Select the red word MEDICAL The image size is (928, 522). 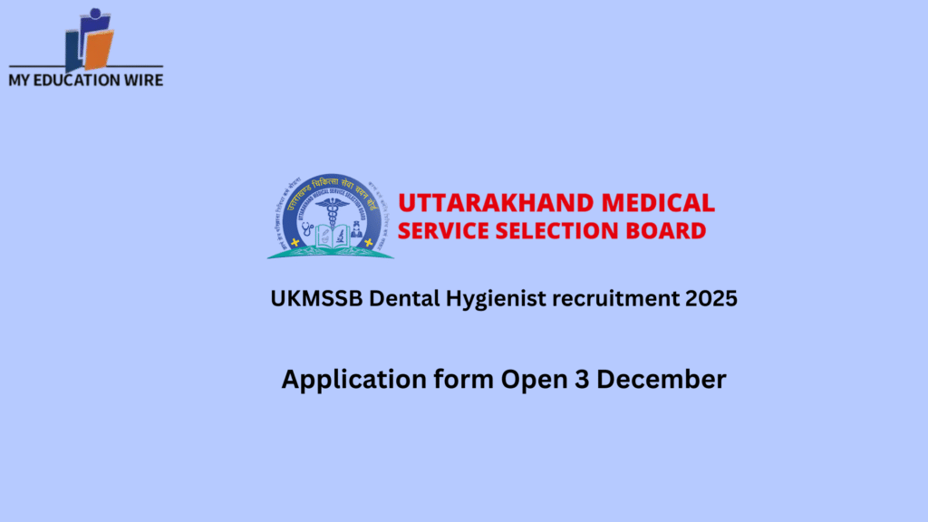661,202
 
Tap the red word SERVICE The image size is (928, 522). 445,230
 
